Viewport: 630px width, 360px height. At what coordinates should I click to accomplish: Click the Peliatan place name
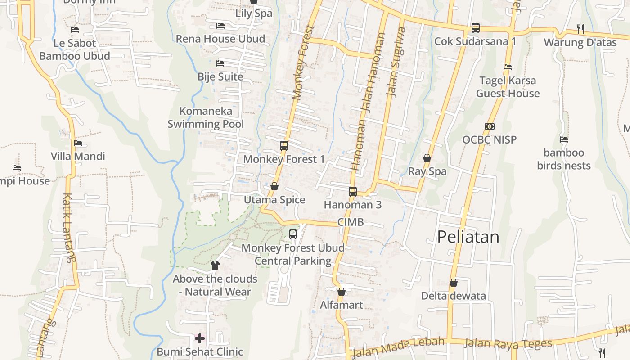(468, 237)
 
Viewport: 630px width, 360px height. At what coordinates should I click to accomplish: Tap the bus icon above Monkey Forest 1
(283, 146)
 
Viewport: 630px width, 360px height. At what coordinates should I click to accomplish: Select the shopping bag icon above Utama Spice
(274, 186)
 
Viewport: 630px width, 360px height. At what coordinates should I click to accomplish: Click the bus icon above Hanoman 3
(352, 192)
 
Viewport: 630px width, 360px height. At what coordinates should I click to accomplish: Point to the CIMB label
(351, 222)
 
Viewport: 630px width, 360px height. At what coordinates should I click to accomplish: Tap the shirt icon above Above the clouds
(215, 265)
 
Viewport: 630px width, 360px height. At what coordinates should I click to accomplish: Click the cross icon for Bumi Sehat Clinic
(200, 338)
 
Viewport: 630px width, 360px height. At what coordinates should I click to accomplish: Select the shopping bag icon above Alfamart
(342, 292)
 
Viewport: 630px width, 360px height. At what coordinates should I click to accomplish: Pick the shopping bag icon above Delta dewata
(454, 283)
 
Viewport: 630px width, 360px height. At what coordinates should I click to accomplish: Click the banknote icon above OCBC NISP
(490, 126)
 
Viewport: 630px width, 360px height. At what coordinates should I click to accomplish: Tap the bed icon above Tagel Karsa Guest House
(508, 67)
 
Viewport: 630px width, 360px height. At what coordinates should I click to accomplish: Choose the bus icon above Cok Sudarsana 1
(475, 28)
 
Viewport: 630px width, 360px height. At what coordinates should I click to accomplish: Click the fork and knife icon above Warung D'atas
(580, 29)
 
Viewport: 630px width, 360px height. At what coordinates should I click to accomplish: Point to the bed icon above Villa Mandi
(78, 143)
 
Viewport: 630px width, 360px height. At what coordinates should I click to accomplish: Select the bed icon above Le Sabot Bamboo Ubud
(75, 30)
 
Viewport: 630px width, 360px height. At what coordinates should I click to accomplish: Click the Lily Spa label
(254, 13)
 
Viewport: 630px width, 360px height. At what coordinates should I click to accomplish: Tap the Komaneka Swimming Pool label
(206, 117)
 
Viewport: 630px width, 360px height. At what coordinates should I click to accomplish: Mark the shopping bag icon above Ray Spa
(427, 158)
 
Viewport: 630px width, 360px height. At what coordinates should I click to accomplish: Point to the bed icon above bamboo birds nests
(563, 139)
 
